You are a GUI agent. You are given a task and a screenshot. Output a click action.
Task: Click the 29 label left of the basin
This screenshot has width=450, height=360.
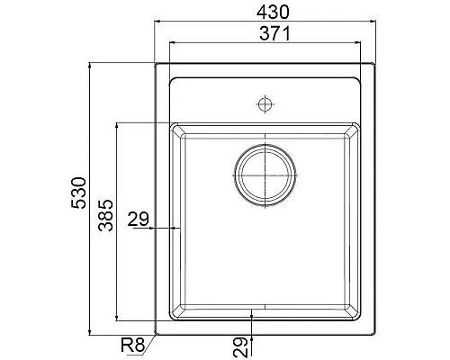coord(139,219)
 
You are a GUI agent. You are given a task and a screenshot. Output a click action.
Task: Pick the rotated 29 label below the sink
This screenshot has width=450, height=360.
coord(239,345)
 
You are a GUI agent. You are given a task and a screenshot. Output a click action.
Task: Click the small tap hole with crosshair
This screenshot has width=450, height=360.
coord(265,103)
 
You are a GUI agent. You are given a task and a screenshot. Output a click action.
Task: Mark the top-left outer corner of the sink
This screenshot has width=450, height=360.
coord(156,64)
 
